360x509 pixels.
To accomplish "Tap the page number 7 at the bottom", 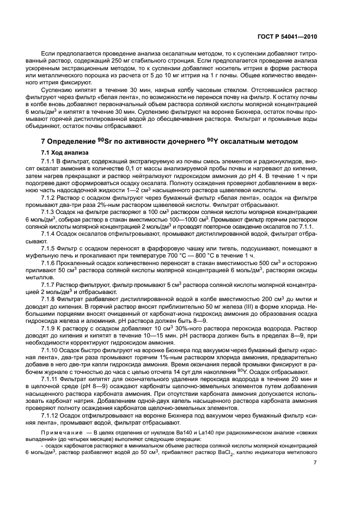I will [x=315, y=463].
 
